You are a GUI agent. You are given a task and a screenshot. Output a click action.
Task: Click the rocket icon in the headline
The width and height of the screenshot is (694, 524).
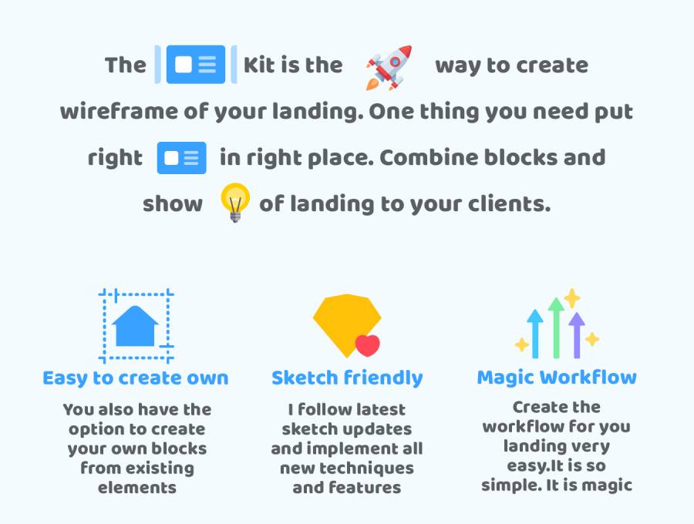[389, 67]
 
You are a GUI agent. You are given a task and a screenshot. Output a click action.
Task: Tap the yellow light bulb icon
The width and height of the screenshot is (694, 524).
[235, 203]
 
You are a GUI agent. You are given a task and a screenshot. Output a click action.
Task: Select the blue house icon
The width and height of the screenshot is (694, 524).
[135, 326]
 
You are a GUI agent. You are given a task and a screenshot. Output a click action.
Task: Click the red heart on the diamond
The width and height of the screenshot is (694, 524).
[367, 346]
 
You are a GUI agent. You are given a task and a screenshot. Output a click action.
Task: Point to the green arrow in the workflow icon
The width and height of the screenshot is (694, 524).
[556, 327]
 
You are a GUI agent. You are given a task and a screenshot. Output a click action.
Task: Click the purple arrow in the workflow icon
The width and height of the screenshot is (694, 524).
[577, 335]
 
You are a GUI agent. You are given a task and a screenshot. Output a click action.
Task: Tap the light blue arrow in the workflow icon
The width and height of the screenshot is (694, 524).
[535, 334]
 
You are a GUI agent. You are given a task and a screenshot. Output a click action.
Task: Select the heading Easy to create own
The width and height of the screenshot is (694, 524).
[136, 378]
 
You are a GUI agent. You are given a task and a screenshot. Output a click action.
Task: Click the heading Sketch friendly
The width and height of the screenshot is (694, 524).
[347, 378]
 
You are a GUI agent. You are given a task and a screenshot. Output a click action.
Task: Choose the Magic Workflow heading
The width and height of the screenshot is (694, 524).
[557, 378]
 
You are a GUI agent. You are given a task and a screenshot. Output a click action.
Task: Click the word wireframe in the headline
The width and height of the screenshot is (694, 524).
[118, 112]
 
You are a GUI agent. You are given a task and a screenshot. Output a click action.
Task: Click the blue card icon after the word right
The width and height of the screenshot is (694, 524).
[181, 158]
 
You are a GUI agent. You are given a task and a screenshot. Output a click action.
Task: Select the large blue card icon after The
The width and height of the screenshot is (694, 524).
[196, 64]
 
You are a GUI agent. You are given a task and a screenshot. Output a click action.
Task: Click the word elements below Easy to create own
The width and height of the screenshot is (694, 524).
[137, 488]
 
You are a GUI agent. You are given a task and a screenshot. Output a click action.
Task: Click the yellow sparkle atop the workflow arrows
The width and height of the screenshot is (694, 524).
[572, 298]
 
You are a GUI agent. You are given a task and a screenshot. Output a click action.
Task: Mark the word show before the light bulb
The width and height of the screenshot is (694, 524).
[173, 204]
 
